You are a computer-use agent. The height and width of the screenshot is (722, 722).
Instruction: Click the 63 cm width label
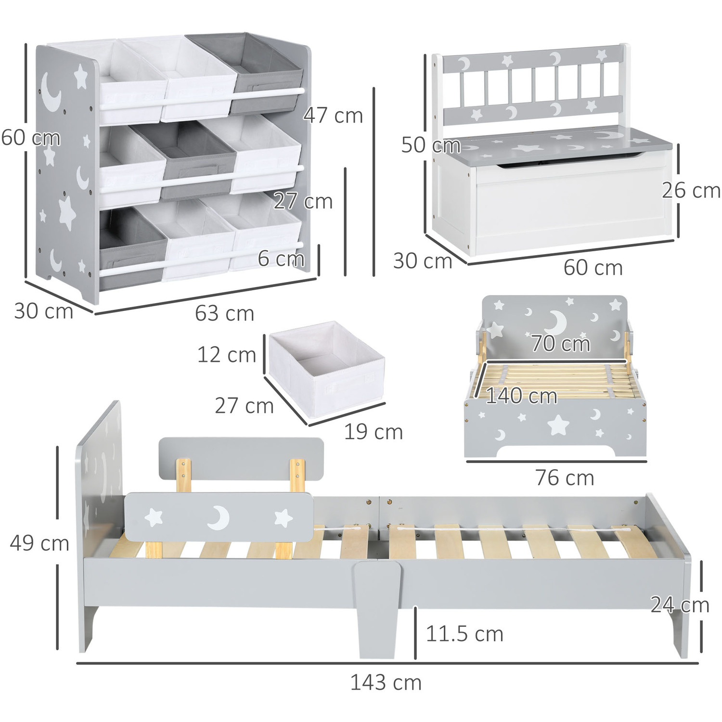coord(224,313)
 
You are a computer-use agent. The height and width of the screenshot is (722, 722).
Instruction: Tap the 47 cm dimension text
coord(333,116)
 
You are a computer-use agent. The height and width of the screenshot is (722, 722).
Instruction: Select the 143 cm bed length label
coord(386,683)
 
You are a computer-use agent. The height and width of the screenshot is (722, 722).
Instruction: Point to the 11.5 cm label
coord(464,634)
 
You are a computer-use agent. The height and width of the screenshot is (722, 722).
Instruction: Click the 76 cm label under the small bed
coord(565,478)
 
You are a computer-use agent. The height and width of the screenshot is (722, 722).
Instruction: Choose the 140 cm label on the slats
coord(521,396)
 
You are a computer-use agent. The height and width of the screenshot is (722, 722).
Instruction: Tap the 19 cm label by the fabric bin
coord(373,432)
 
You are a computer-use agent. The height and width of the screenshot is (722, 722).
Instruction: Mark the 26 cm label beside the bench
coord(691,191)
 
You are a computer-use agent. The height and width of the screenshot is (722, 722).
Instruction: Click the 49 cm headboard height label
coord(39,543)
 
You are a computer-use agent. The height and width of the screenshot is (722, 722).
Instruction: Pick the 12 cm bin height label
coord(226,355)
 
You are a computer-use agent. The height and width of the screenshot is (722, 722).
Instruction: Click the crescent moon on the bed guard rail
coord(219,518)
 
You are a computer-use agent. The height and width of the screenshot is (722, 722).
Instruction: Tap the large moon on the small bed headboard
coord(558,321)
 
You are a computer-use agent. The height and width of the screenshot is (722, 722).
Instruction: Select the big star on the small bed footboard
coord(558,425)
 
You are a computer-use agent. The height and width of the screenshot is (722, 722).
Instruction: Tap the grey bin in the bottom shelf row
coord(132,248)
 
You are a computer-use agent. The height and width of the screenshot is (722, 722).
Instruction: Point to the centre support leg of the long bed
coord(376,609)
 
